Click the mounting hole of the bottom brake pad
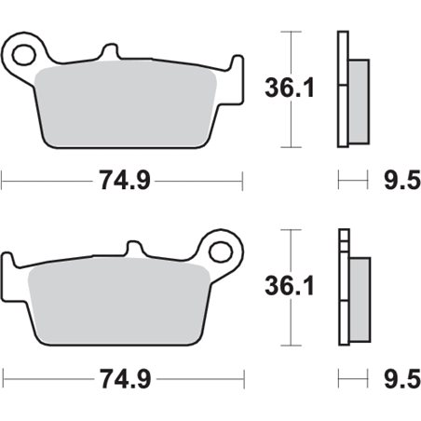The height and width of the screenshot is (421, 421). (x=221, y=250)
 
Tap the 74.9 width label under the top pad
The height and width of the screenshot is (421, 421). (x=124, y=181)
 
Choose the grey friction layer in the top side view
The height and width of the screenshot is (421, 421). (x=358, y=90)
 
